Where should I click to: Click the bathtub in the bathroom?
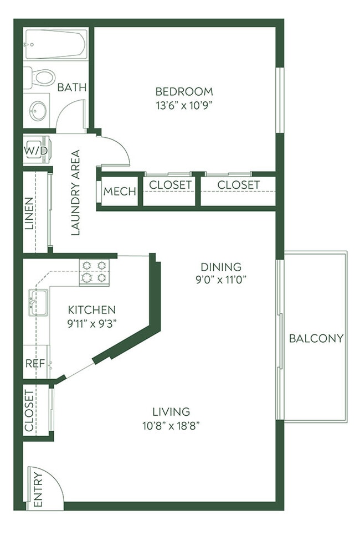pyautogui.click(x=55, y=45)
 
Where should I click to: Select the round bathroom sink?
pyautogui.click(x=38, y=110)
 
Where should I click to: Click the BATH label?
pyautogui.click(x=72, y=87)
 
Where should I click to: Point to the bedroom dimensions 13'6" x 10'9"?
pyautogui.click(x=184, y=105)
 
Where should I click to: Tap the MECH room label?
pyautogui.click(x=120, y=192)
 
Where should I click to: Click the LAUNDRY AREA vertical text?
pyautogui.click(x=76, y=193)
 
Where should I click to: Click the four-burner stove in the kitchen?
pyautogui.click(x=94, y=272)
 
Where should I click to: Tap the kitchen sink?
pyautogui.click(x=37, y=302)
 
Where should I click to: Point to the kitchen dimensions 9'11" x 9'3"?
pyautogui.click(x=91, y=322)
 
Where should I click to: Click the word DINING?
pyautogui.click(x=220, y=267)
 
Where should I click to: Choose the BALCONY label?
pyautogui.click(x=316, y=338)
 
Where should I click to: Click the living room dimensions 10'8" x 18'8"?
pyautogui.click(x=171, y=425)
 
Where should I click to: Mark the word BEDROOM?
pyautogui.click(x=184, y=91)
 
